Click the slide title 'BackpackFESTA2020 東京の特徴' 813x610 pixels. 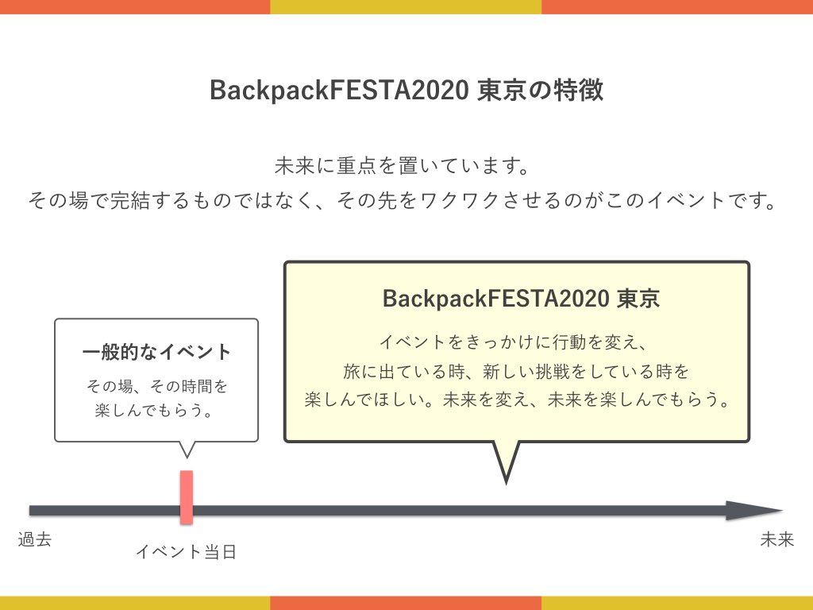[406, 91]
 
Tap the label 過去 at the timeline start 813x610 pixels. [35, 540]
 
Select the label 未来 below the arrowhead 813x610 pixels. [776, 540]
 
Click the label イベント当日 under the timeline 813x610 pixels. [186, 551]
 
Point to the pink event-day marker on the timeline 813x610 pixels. [187, 497]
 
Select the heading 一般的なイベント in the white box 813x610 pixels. [156, 352]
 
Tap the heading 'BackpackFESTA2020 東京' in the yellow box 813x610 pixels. [521, 299]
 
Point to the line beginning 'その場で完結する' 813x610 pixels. [401, 199]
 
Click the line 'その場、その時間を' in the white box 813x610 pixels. [156, 387]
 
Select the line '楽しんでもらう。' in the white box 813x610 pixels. [156, 411]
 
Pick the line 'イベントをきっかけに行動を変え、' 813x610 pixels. [516, 343]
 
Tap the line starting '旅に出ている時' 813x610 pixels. [516, 371]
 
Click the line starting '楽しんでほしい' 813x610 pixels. [516, 399]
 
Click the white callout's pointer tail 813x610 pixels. [187, 449]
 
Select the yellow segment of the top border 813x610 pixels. [406, 6]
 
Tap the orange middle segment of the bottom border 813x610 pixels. [406, 603]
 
